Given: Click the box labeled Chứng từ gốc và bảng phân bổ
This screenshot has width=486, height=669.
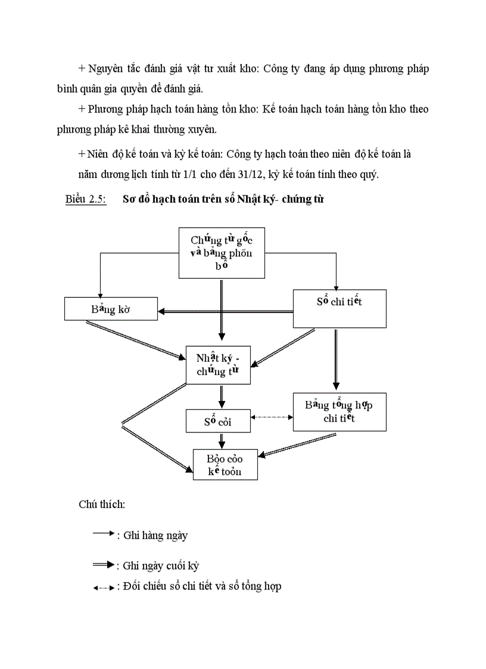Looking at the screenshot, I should coord(222,253).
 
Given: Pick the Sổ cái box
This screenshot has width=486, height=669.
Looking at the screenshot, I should coord(217,421).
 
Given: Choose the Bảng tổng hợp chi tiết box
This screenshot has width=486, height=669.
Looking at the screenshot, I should coord(339,412).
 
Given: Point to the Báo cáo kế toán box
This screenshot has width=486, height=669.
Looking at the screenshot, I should coord(225,465).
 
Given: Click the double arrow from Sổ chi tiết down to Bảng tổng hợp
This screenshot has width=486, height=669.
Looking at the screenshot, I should coord(336,359).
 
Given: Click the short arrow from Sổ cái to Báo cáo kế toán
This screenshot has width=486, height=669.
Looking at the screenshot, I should coord(222,440).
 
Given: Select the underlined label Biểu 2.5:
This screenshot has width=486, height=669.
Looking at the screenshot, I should coord(85,200).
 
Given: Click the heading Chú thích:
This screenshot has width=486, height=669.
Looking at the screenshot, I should coord(102,505).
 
